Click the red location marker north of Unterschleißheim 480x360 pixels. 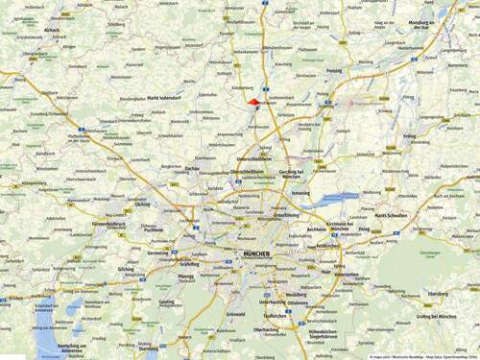coord(253,101)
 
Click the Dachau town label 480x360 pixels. coord(191,169)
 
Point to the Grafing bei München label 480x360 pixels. coord(438,317)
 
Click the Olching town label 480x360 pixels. coord(142,204)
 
